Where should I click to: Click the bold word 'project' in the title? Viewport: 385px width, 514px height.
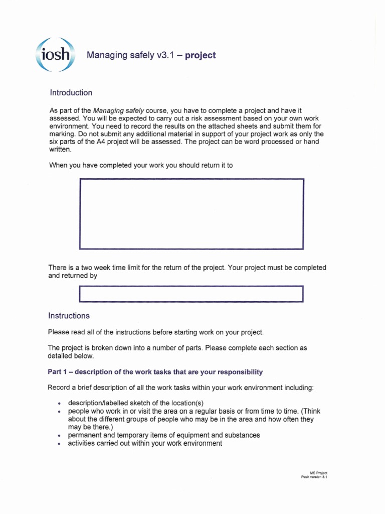pyautogui.click(x=200, y=55)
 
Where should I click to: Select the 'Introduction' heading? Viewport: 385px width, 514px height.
pyautogui.click(x=71, y=93)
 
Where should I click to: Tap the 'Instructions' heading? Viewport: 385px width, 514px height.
pyautogui.click(x=69, y=316)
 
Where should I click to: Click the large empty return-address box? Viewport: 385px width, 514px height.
pyautogui.click(x=192, y=214)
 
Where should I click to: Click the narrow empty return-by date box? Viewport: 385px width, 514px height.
pyautogui.click(x=192, y=294)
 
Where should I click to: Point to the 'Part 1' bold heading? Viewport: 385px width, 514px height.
pyautogui.click(x=155, y=372)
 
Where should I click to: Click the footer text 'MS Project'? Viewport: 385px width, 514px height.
pyautogui.click(x=319, y=473)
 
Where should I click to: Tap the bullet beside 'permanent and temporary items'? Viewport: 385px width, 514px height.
pyautogui.click(x=60, y=436)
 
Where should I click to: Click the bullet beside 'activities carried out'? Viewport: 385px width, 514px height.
pyautogui.click(x=60, y=444)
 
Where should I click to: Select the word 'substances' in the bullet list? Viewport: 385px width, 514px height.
pyautogui.click(x=243, y=435)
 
